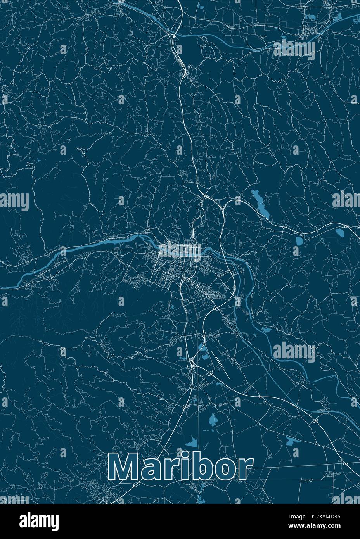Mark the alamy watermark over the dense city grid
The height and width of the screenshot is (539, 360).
pyautogui.click(x=180, y=250)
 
